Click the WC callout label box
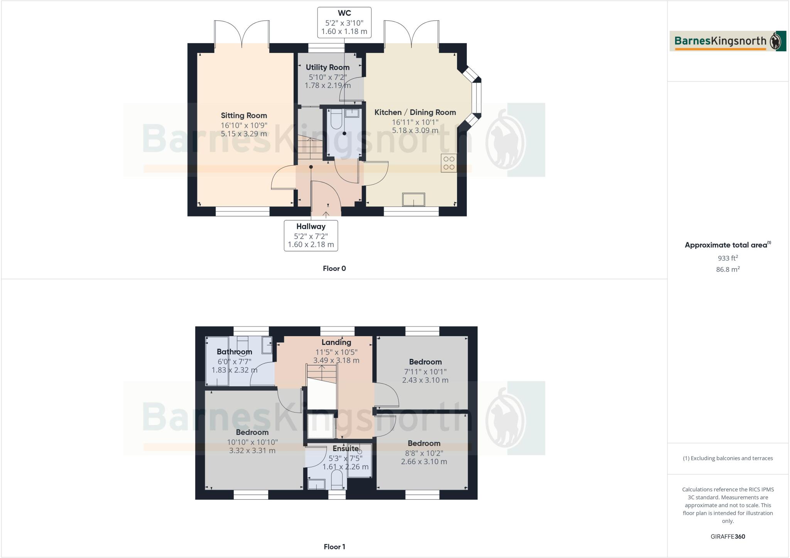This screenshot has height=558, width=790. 344,22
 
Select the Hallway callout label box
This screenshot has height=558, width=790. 311,235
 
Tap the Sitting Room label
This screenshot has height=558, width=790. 244,115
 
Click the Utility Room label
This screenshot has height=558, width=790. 327,68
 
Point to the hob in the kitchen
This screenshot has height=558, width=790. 449,163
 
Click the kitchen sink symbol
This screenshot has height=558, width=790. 414,200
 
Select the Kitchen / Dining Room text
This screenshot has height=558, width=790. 415,112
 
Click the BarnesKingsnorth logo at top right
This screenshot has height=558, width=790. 728,41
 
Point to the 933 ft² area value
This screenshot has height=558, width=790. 728,258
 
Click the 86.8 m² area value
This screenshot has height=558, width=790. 728,269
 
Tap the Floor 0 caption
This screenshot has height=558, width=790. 334,269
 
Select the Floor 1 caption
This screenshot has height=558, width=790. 334,547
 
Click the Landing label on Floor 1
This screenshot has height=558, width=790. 336,342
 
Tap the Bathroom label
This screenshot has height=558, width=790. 234,352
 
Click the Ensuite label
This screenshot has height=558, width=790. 346,448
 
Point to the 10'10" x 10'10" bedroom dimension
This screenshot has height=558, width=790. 252,442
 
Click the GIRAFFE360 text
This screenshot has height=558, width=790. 728,536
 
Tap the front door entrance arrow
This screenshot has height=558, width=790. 326,215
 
